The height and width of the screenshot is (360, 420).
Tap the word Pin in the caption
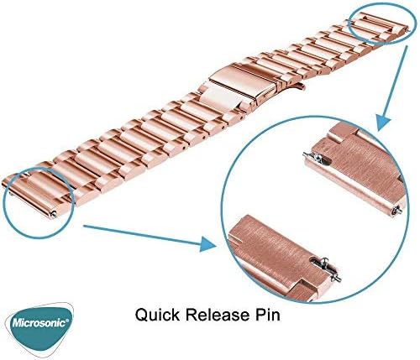(267, 315)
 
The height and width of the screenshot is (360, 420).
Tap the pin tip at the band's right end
(407, 29)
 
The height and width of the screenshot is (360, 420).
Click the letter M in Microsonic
(18, 324)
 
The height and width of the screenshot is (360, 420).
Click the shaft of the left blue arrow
(141, 233)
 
